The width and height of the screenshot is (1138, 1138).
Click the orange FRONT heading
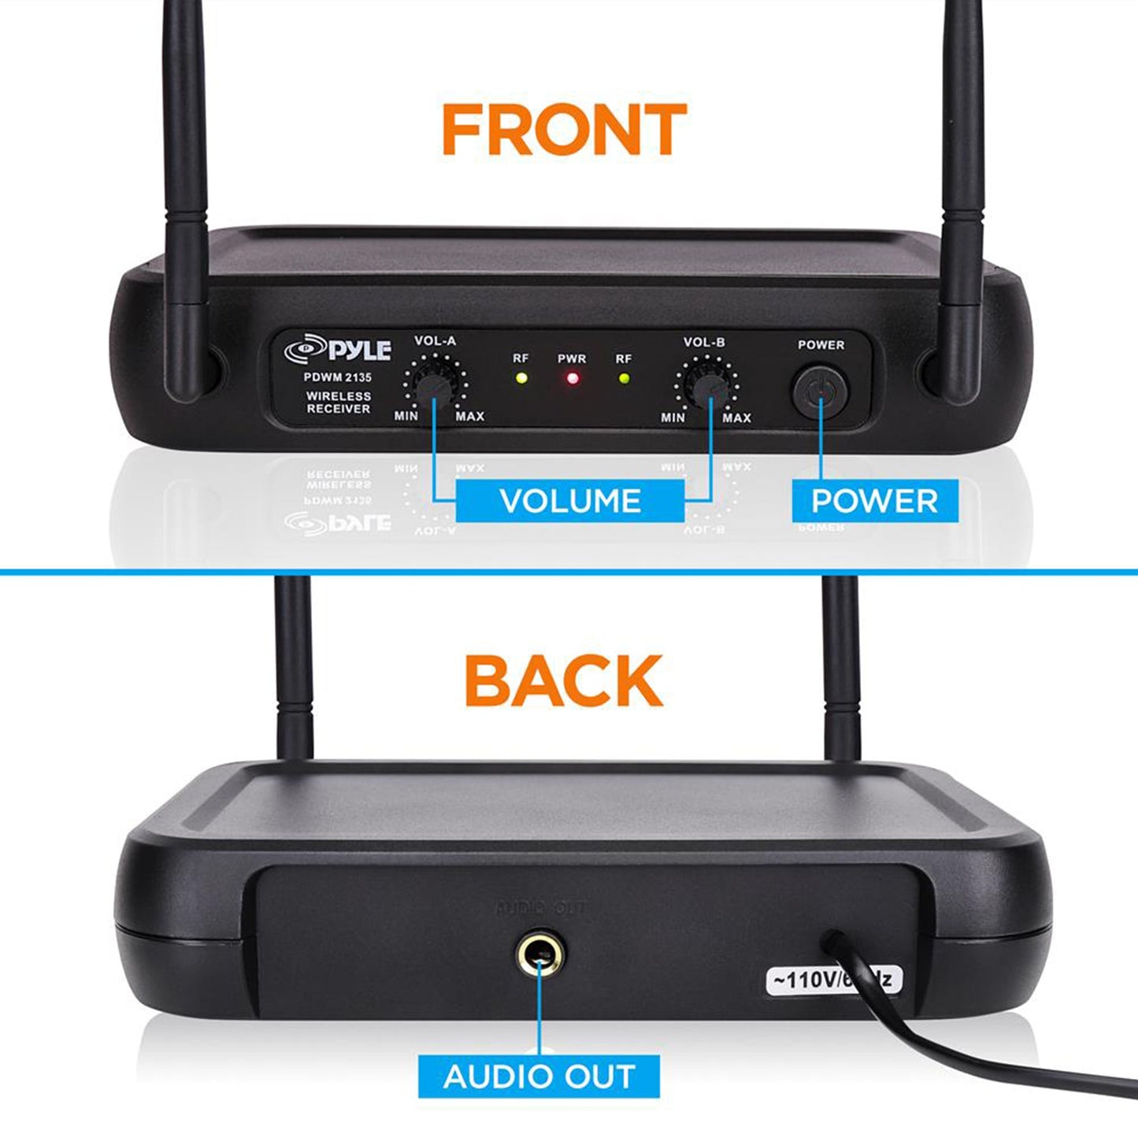click(564, 129)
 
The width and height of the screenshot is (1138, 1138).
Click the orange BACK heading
click(563, 680)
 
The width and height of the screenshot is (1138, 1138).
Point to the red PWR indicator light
click(573, 379)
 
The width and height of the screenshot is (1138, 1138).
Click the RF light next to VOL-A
click(521, 378)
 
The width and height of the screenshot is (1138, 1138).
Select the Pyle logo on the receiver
click(338, 350)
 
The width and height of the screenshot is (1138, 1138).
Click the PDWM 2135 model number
click(338, 377)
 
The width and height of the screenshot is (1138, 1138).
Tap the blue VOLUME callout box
click(570, 501)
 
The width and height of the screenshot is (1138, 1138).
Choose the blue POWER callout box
click(874, 501)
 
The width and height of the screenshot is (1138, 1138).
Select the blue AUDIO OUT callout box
click(539, 1076)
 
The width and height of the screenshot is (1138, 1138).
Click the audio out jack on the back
click(539, 955)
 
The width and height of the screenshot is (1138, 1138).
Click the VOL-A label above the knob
click(435, 341)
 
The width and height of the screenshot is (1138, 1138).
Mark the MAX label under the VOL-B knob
click(736, 417)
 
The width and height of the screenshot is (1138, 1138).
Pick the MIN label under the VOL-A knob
click(406, 415)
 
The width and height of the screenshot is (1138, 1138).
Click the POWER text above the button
click(821, 345)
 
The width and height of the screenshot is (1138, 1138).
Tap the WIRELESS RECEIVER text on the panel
click(338, 402)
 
